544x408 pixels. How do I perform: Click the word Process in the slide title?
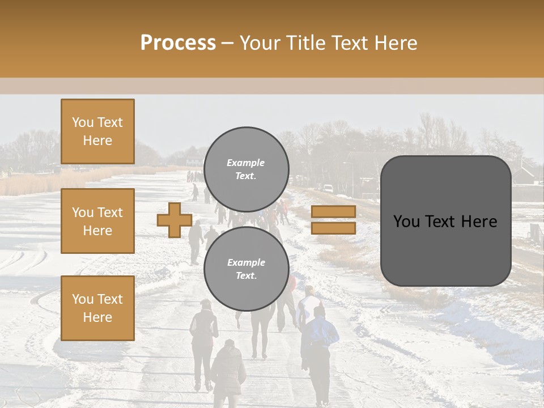(178, 43)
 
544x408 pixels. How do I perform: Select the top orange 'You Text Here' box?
(97, 131)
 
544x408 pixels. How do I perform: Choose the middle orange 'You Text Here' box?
(97, 221)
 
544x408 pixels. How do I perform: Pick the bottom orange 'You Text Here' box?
(97, 308)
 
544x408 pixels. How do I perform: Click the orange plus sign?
(174, 220)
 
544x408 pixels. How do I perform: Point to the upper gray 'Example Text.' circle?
(246, 169)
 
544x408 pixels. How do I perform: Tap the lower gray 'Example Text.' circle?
(246, 269)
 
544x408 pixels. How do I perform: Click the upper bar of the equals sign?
(333, 211)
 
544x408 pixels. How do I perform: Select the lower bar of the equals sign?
(333, 228)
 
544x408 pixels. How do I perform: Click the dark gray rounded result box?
(445, 221)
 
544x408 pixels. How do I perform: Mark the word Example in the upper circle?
(245, 163)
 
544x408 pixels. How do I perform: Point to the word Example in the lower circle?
(246, 262)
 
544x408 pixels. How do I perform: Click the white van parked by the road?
(327, 188)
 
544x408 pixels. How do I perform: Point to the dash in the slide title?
(227, 43)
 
